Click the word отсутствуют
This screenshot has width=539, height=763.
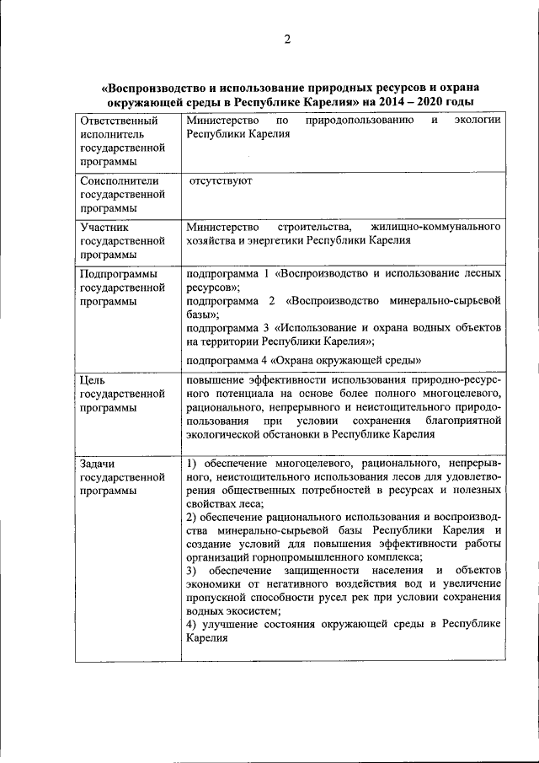click(221, 180)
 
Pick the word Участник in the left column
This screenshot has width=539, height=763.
click(104, 227)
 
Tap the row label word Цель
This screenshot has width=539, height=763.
click(92, 379)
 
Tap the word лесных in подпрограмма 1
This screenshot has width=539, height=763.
click(484, 273)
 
